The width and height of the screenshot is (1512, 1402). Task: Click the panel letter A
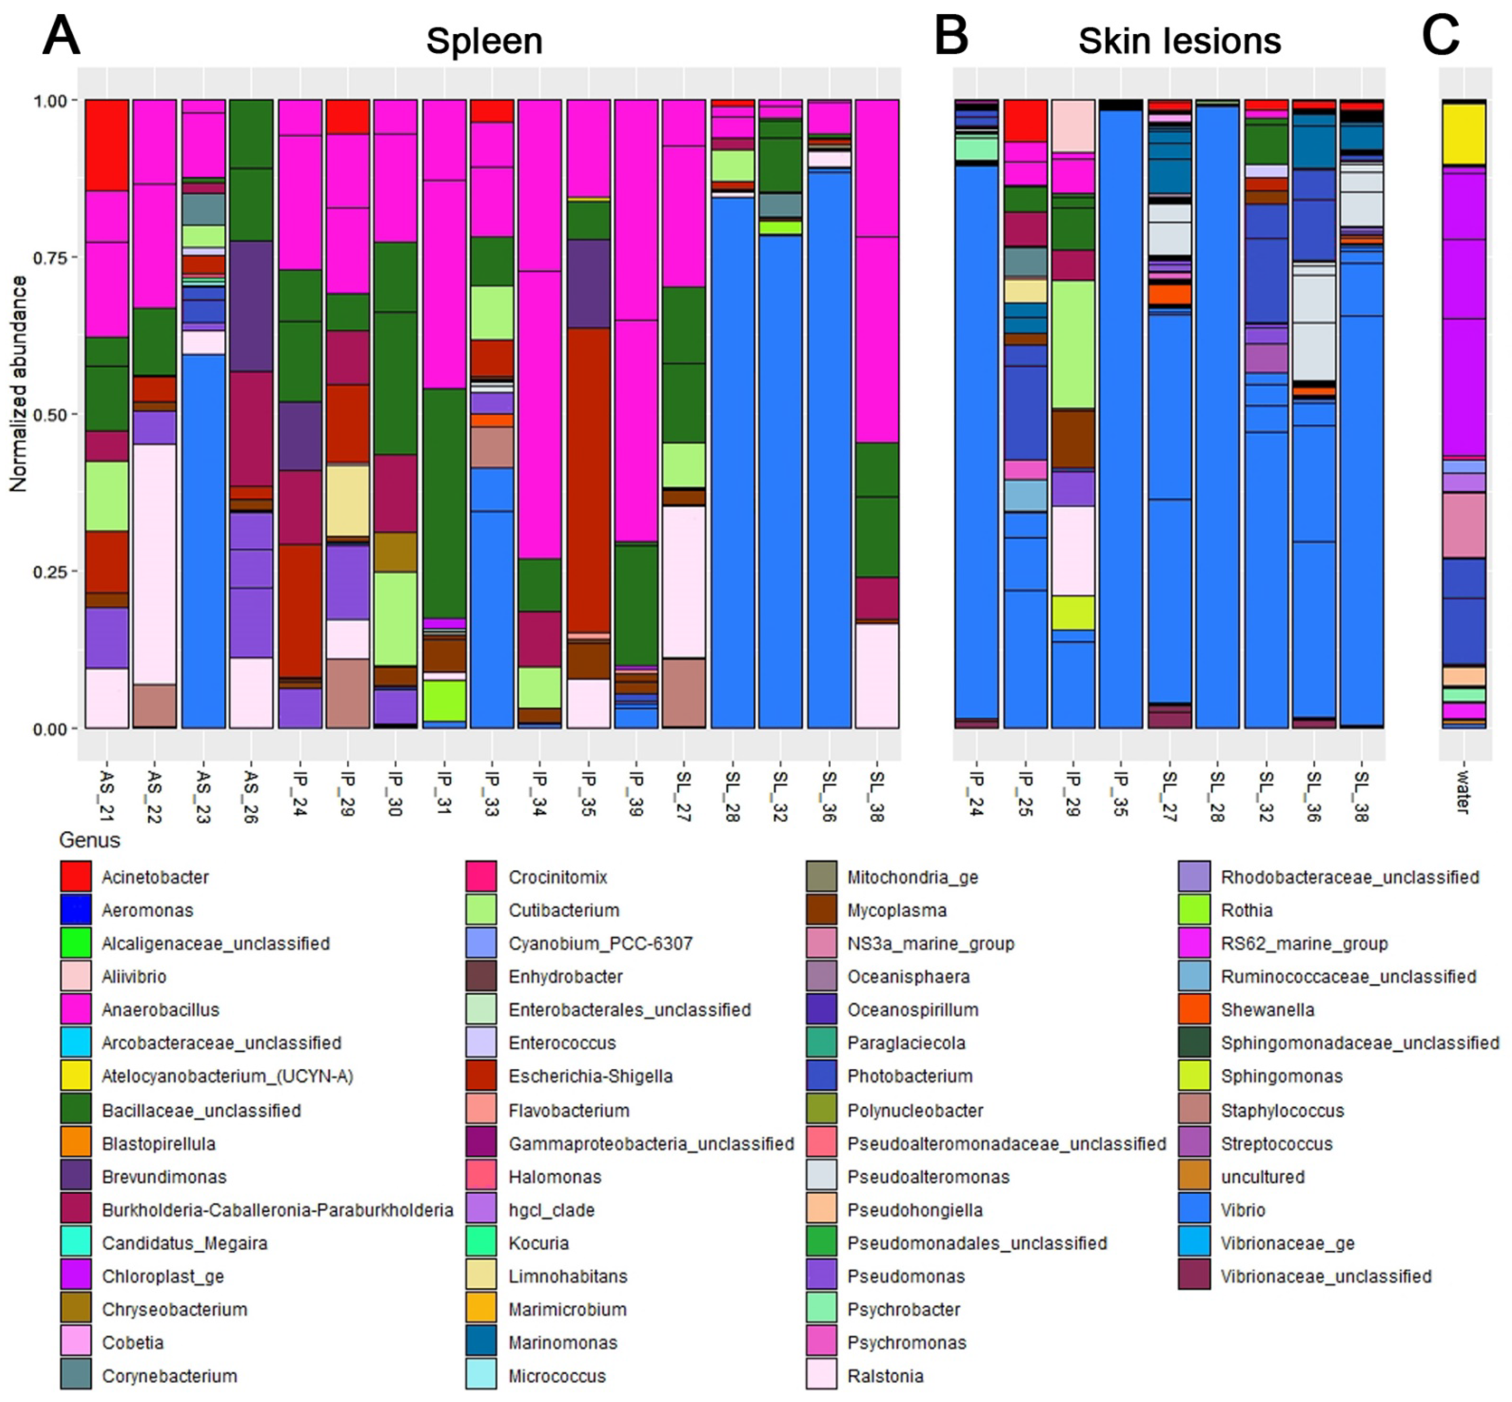coord(61,36)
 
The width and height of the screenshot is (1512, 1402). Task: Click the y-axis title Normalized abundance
coord(18,383)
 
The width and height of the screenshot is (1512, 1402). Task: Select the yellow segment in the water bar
coord(1463,134)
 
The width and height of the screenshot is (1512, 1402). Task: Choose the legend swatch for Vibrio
coord(1193,1209)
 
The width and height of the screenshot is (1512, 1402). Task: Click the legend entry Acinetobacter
coord(155,877)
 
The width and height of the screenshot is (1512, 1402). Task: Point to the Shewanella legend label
coord(1267,1010)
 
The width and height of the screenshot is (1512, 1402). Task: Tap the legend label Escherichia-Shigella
coord(590,1076)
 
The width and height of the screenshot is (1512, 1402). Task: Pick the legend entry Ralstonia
coord(886,1376)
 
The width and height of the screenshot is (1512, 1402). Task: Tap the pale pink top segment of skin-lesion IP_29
coord(1073,126)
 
